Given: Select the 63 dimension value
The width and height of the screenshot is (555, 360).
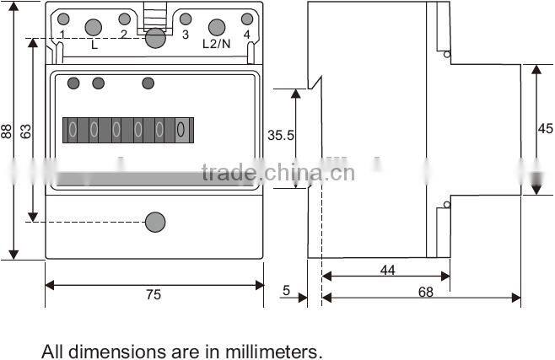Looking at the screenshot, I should coord(25,132).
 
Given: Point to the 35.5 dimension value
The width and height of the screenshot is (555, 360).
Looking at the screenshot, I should coord(280,135).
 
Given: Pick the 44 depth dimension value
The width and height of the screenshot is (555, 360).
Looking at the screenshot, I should coord(387,271).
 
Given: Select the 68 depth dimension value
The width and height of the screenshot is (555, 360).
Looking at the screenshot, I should coord(425,293).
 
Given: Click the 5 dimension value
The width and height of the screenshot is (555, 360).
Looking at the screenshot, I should coord(287,291).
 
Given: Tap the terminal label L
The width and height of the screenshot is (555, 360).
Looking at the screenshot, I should coord(94,45).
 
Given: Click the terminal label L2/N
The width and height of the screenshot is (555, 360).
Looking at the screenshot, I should coord(217,45).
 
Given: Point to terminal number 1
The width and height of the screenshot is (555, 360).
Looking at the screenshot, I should coord(63,35).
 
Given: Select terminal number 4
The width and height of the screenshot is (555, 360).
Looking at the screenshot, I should coord(247,35).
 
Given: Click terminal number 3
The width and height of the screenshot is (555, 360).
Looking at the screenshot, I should coord(186,35).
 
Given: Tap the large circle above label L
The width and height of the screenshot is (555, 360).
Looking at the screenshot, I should coord(94,26).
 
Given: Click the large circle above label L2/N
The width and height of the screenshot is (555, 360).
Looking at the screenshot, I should coord(217,26).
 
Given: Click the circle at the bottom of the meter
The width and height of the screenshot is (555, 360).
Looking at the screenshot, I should coord(155,222).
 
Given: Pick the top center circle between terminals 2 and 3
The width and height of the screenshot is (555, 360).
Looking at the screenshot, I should coord(154,38).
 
